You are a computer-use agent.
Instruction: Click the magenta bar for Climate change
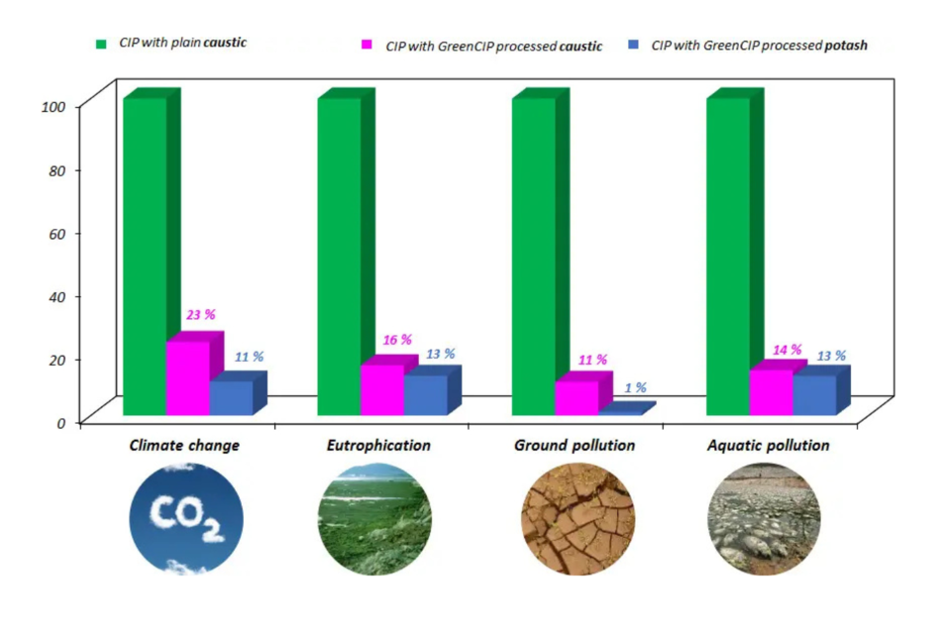(187, 377)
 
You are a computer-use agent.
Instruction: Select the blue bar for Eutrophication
(425, 394)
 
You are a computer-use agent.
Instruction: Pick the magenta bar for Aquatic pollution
(771, 391)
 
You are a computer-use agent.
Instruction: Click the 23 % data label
(201, 315)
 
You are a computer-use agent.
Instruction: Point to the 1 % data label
(635, 387)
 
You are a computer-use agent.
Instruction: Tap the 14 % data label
(786, 350)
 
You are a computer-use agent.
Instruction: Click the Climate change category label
(184, 446)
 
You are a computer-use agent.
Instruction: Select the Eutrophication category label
(378, 446)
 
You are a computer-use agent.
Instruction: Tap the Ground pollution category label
(574, 446)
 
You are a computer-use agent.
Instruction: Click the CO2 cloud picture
(186, 518)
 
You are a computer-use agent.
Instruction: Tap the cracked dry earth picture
(577, 518)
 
